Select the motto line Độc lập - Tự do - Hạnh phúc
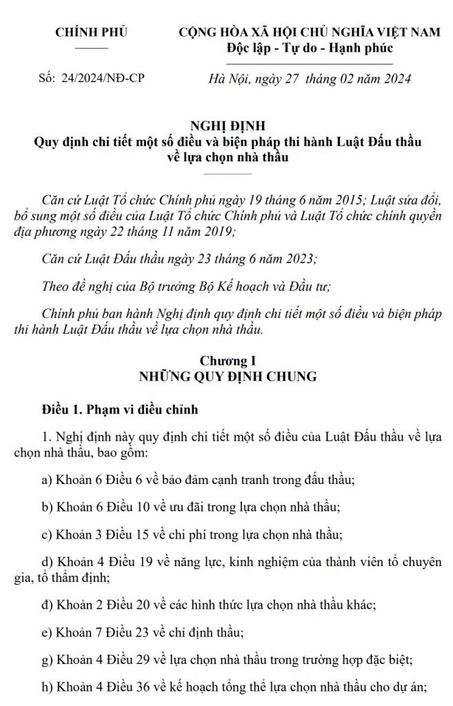[309, 48]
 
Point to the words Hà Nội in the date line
[227, 79]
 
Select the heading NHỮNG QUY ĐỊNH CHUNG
[228, 376]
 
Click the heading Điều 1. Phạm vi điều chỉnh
[119, 410]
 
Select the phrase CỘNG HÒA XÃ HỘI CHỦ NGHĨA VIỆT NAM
[309, 32]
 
